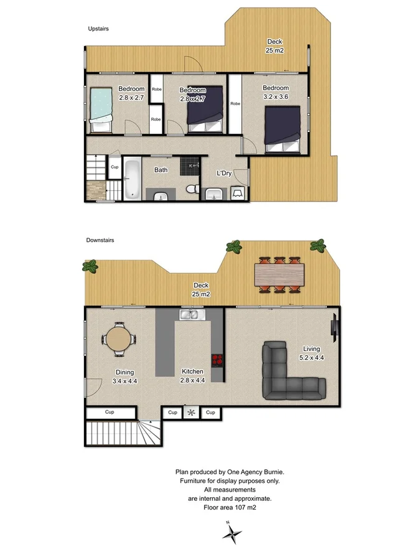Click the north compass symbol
pos(232,533)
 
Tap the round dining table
pos(119,339)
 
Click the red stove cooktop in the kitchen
pos(217,358)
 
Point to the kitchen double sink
pos(189,315)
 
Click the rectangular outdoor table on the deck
pos(280,273)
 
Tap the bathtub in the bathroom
pos(131,180)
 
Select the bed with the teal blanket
pos(101,110)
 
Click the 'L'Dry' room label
pos(224,173)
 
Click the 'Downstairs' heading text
pos(100,240)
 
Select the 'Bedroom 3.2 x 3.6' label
pos(275,92)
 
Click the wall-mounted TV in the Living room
pos(335,327)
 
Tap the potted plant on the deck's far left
pos(91,268)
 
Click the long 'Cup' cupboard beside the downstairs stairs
pos(110,413)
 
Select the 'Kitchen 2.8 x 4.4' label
pos(192,376)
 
